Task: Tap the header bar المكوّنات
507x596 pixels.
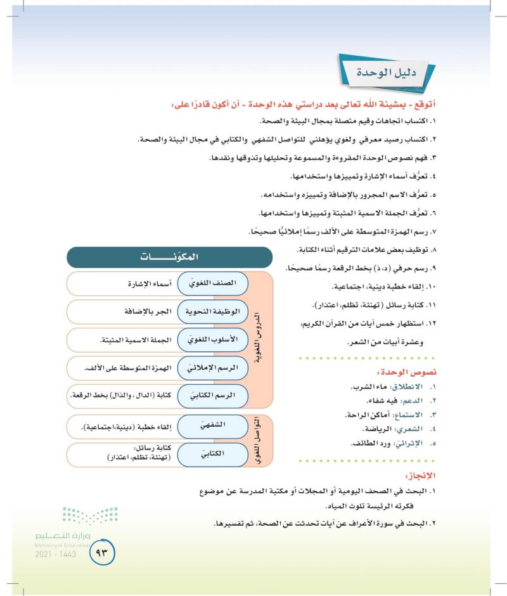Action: [169, 257]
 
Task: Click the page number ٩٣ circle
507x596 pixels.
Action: [101, 553]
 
